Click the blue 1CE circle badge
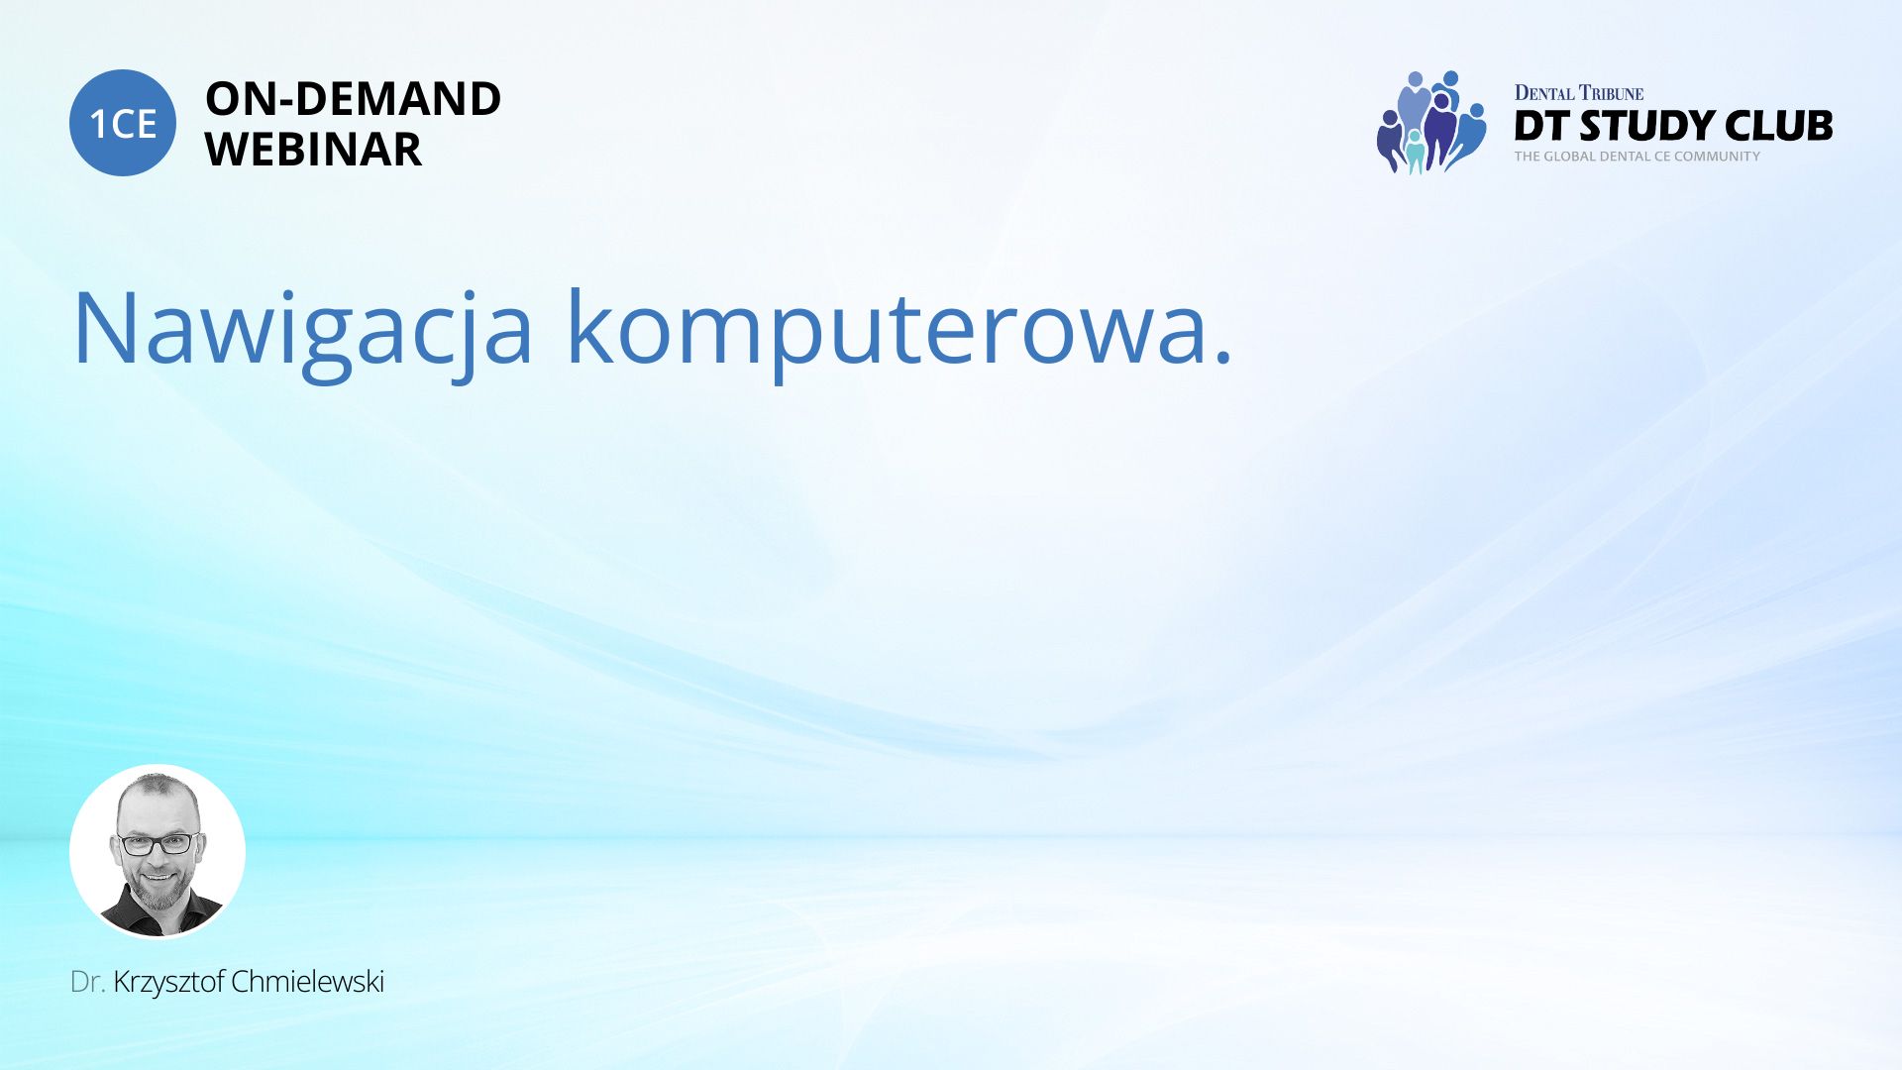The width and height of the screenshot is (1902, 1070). (123, 123)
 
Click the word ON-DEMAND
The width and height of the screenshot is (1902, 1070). (354, 99)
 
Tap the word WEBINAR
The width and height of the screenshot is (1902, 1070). (313, 150)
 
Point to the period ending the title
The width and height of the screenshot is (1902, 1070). (1222, 358)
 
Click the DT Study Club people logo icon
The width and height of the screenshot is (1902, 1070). (1431, 122)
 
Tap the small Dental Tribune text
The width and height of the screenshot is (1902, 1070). (1579, 93)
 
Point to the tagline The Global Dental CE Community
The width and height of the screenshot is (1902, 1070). (1637, 157)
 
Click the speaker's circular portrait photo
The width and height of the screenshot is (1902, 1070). (158, 851)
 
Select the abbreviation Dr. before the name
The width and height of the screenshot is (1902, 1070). (88, 982)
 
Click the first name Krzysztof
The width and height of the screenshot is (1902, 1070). (169, 982)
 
